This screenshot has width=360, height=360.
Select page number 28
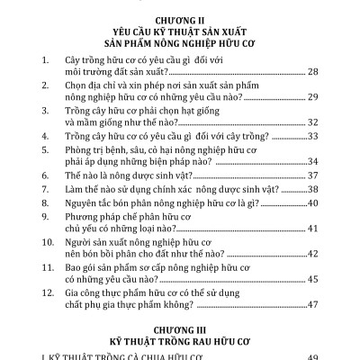(x=312, y=70)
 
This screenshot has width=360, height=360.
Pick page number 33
(x=312, y=135)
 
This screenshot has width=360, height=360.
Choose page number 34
(x=312, y=160)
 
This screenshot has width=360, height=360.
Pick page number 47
(x=312, y=304)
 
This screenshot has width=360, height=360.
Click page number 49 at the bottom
(x=312, y=356)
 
